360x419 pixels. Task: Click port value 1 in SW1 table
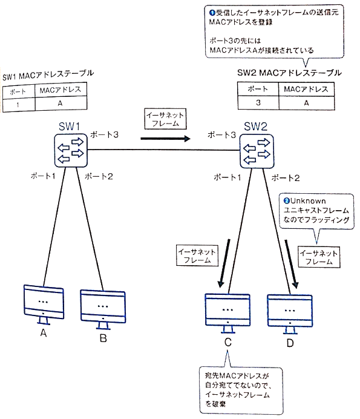click(18, 103)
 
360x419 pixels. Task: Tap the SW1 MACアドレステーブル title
click(48, 74)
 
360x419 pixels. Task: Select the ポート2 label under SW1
click(97, 176)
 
